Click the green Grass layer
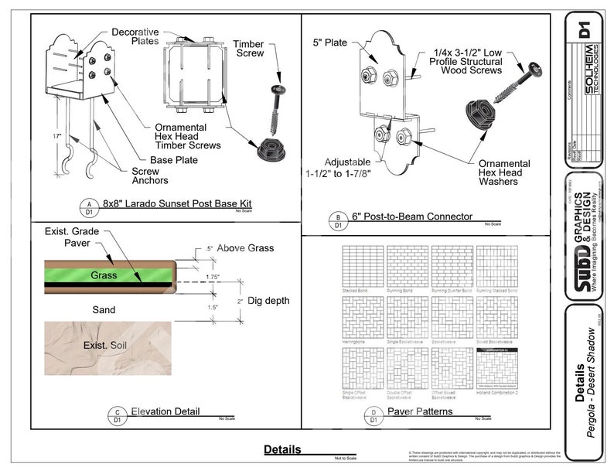[104, 275]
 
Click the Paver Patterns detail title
[420, 411]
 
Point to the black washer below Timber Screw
[271, 147]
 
